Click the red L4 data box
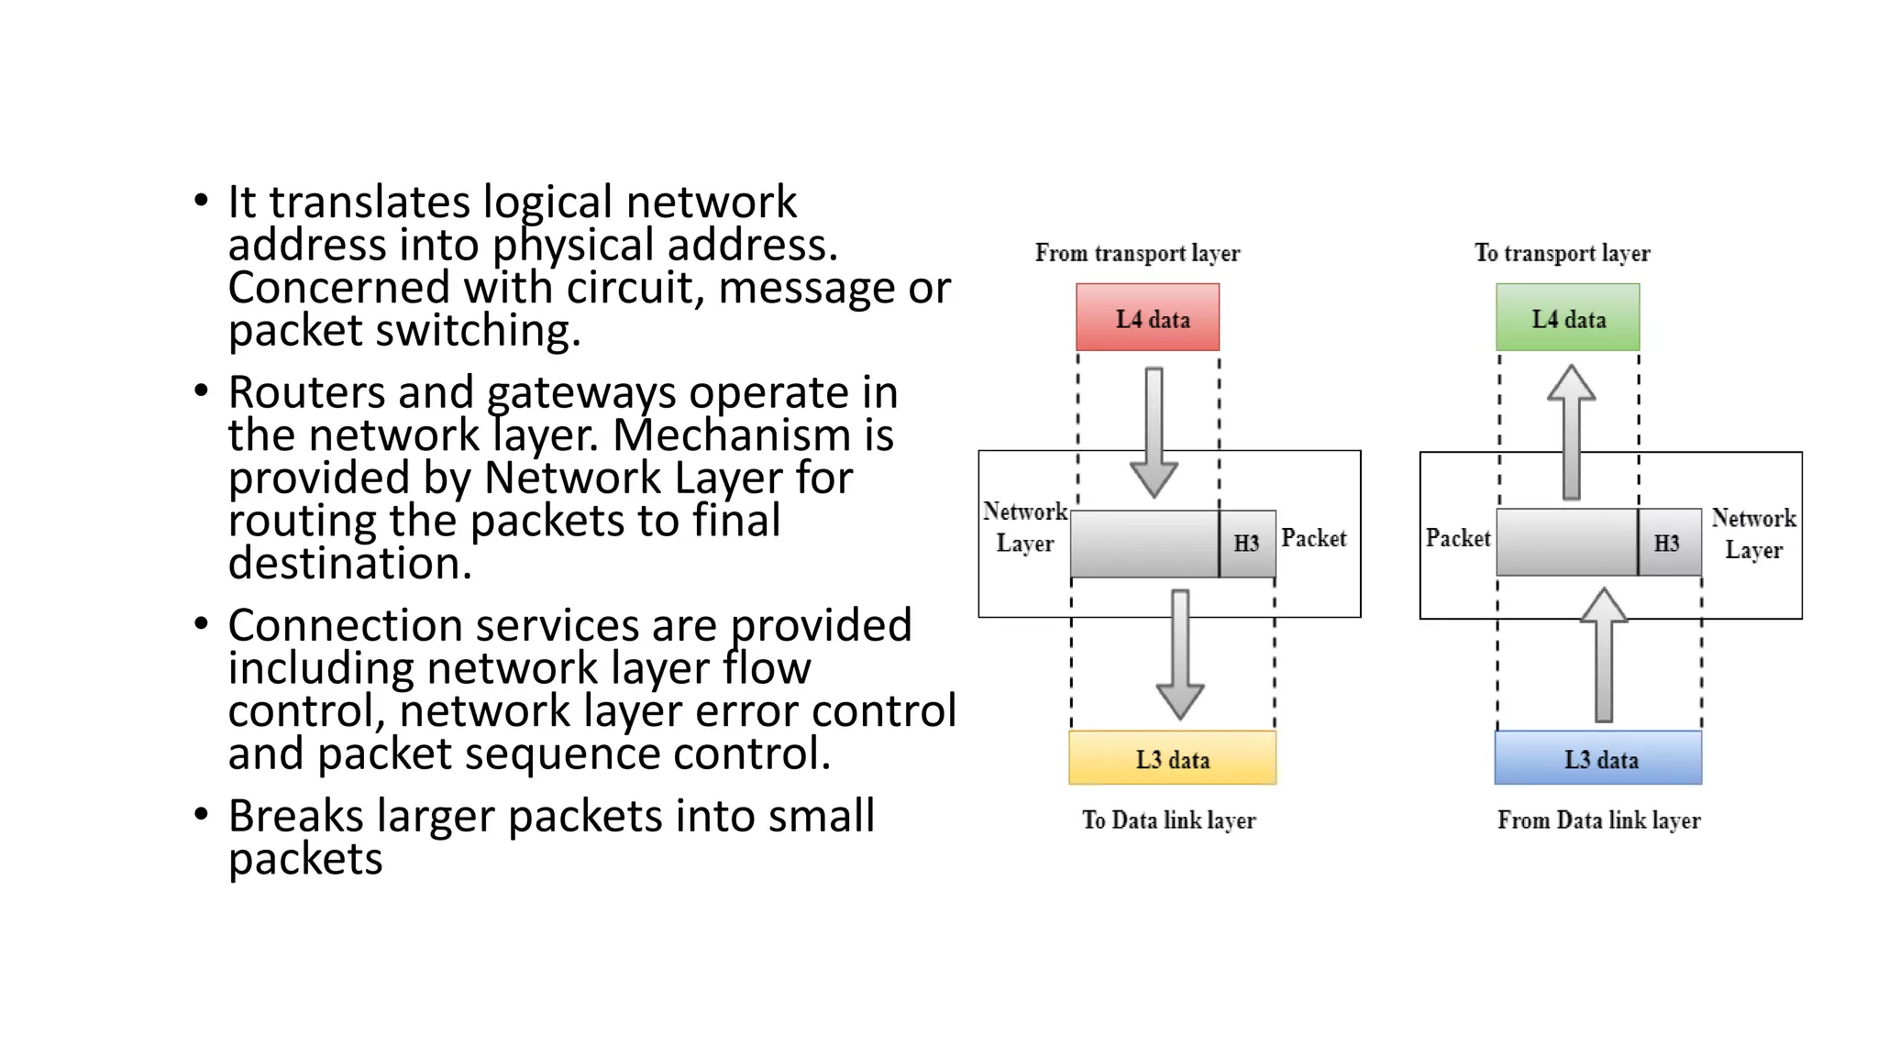(x=1147, y=317)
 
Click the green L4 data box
(x=1567, y=317)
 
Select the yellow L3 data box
(x=1172, y=758)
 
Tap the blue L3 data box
(x=1597, y=758)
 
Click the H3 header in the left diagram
(x=1246, y=544)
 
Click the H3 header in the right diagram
(x=1667, y=543)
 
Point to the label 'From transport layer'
(x=1137, y=253)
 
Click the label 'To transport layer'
(x=1562, y=253)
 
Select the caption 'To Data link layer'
(x=1168, y=819)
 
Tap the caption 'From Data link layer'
(x=1598, y=819)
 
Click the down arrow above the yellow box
(x=1180, y=654)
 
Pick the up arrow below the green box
(x=1572, y=431)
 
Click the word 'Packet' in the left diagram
(x=1313, y=538)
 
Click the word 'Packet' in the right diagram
(x=1457, y=538)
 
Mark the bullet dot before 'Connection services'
(x=202, y=624)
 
